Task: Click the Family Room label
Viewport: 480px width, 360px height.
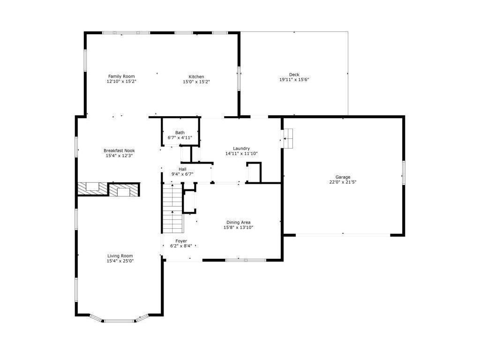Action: (121, 76)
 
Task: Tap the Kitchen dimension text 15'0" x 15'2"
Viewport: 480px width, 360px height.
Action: (196, 82)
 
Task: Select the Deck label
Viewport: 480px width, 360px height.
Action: (294, 75)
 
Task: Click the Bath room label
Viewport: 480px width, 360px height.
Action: (180, 133)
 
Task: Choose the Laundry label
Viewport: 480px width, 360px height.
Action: (241, 149)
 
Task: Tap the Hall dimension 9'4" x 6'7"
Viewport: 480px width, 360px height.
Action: (182, 174)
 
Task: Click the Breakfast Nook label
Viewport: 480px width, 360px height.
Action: (119, 150)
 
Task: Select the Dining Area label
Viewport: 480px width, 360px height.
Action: (238, 222)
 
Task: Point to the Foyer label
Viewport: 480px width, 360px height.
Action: (181, 241)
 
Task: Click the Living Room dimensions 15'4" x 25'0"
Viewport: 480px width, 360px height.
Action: (120, 261)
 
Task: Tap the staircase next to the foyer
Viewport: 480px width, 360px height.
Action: (172, 209)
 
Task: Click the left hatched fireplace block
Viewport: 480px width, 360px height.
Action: (92, 189)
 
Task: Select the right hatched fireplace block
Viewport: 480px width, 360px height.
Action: (124, 190)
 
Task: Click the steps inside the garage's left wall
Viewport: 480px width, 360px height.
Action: (287, 138)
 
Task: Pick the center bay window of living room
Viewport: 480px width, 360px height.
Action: (119, 321)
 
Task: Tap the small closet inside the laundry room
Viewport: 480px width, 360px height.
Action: (254, 172)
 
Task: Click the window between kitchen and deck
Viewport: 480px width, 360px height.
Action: (239, 78)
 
